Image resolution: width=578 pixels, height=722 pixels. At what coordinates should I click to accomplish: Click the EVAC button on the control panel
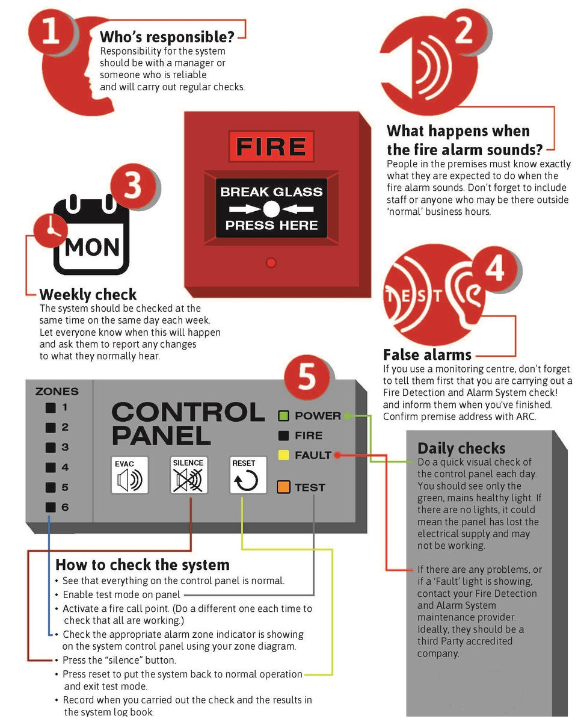coord(129,475)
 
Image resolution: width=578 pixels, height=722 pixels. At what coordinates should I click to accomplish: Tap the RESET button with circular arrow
coord(248,475)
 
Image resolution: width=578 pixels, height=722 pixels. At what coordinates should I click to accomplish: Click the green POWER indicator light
coord(284,416)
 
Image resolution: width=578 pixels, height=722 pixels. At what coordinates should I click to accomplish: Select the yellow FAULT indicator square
coord(284,455)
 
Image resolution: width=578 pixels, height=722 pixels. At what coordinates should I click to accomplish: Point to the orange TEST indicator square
coord(284,487)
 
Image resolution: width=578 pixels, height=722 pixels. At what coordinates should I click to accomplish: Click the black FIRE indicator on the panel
coord(284,436)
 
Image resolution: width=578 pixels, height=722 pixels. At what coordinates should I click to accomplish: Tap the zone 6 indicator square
coord(51,507)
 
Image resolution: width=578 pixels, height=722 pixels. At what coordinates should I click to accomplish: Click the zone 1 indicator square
coord(51,407)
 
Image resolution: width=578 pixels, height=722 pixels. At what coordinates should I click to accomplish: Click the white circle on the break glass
coord(271,209)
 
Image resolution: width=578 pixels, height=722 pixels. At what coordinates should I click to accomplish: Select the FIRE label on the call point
coord(271,147)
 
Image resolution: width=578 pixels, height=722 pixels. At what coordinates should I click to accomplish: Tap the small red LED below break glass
coord(271,262)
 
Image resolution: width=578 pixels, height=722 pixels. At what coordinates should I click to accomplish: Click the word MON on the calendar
coord(92,247)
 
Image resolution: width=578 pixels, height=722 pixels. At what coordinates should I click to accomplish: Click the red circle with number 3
coord(133,186)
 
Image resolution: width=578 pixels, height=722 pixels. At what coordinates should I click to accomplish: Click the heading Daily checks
coord(461,448)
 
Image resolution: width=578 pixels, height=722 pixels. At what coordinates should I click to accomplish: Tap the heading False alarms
coord(427,354)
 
